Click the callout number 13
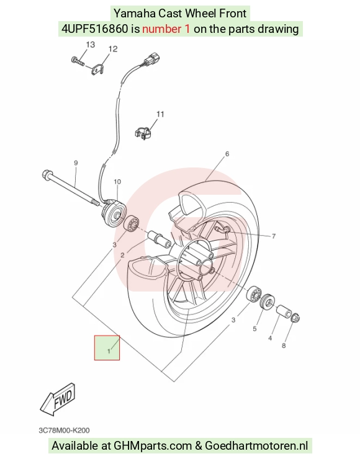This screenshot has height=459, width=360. pos(91,45)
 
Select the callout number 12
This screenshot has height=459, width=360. pos(113,49)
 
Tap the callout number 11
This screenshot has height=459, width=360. pos(160,114)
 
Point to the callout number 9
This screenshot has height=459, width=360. pos(76,163)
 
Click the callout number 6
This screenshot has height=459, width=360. pos(227,154)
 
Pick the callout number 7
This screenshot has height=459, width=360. pos(274,236)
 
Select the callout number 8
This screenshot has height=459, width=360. pos(284,345)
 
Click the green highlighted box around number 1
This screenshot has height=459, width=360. pos(107,348)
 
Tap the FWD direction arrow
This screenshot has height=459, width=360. pos(58,399)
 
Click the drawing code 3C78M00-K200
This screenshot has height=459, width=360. pos(64,430)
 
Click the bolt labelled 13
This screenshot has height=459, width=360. pos(78,61)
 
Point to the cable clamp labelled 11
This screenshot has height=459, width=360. pos(143,133)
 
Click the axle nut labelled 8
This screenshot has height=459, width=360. pos(295,318)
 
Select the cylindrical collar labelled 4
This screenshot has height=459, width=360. pos(284,311)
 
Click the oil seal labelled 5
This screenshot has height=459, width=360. pos(268,301)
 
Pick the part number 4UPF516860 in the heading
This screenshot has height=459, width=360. pos(94,29)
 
